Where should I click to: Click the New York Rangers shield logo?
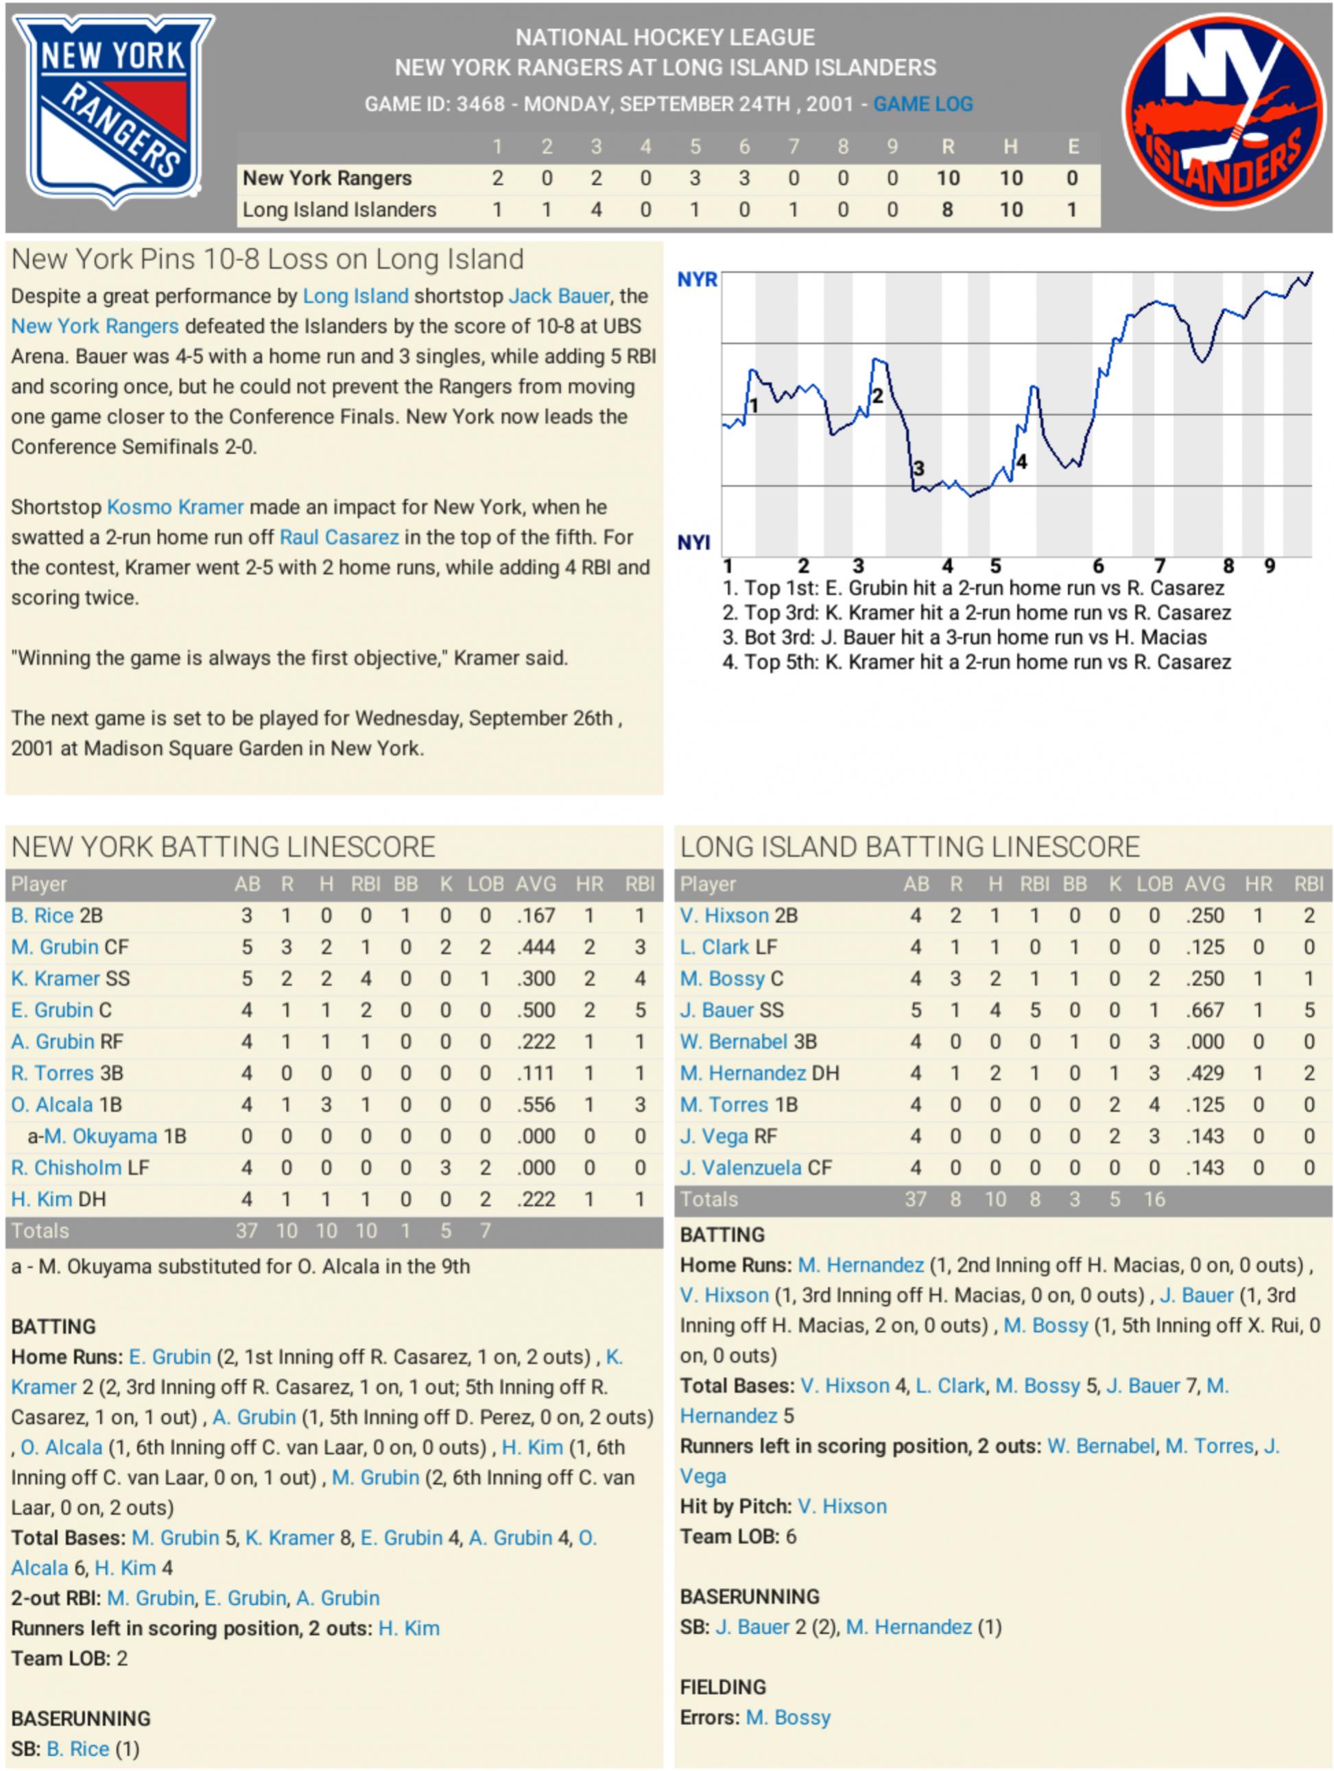point(114,112)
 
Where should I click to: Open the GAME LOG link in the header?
point(922,104)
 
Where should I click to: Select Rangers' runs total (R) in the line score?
point(947,178)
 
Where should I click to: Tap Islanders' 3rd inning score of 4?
point(596,210)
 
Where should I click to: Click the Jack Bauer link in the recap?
point(558,296)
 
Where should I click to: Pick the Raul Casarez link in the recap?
point(339,538)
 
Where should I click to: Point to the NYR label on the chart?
point(697,280)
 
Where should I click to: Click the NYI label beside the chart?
point(693,543)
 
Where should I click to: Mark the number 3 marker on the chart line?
point(918,468)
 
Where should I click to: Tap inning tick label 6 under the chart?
point(1099,566)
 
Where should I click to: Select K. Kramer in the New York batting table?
point(56,978)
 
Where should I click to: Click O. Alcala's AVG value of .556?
point(535,1105)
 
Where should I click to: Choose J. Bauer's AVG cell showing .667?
point(1204,1011)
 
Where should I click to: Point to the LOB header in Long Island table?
point(1154,884)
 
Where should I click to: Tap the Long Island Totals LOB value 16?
point(1154,1199)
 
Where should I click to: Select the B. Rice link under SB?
point(78,1748)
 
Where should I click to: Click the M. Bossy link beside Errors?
point(788,1718)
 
